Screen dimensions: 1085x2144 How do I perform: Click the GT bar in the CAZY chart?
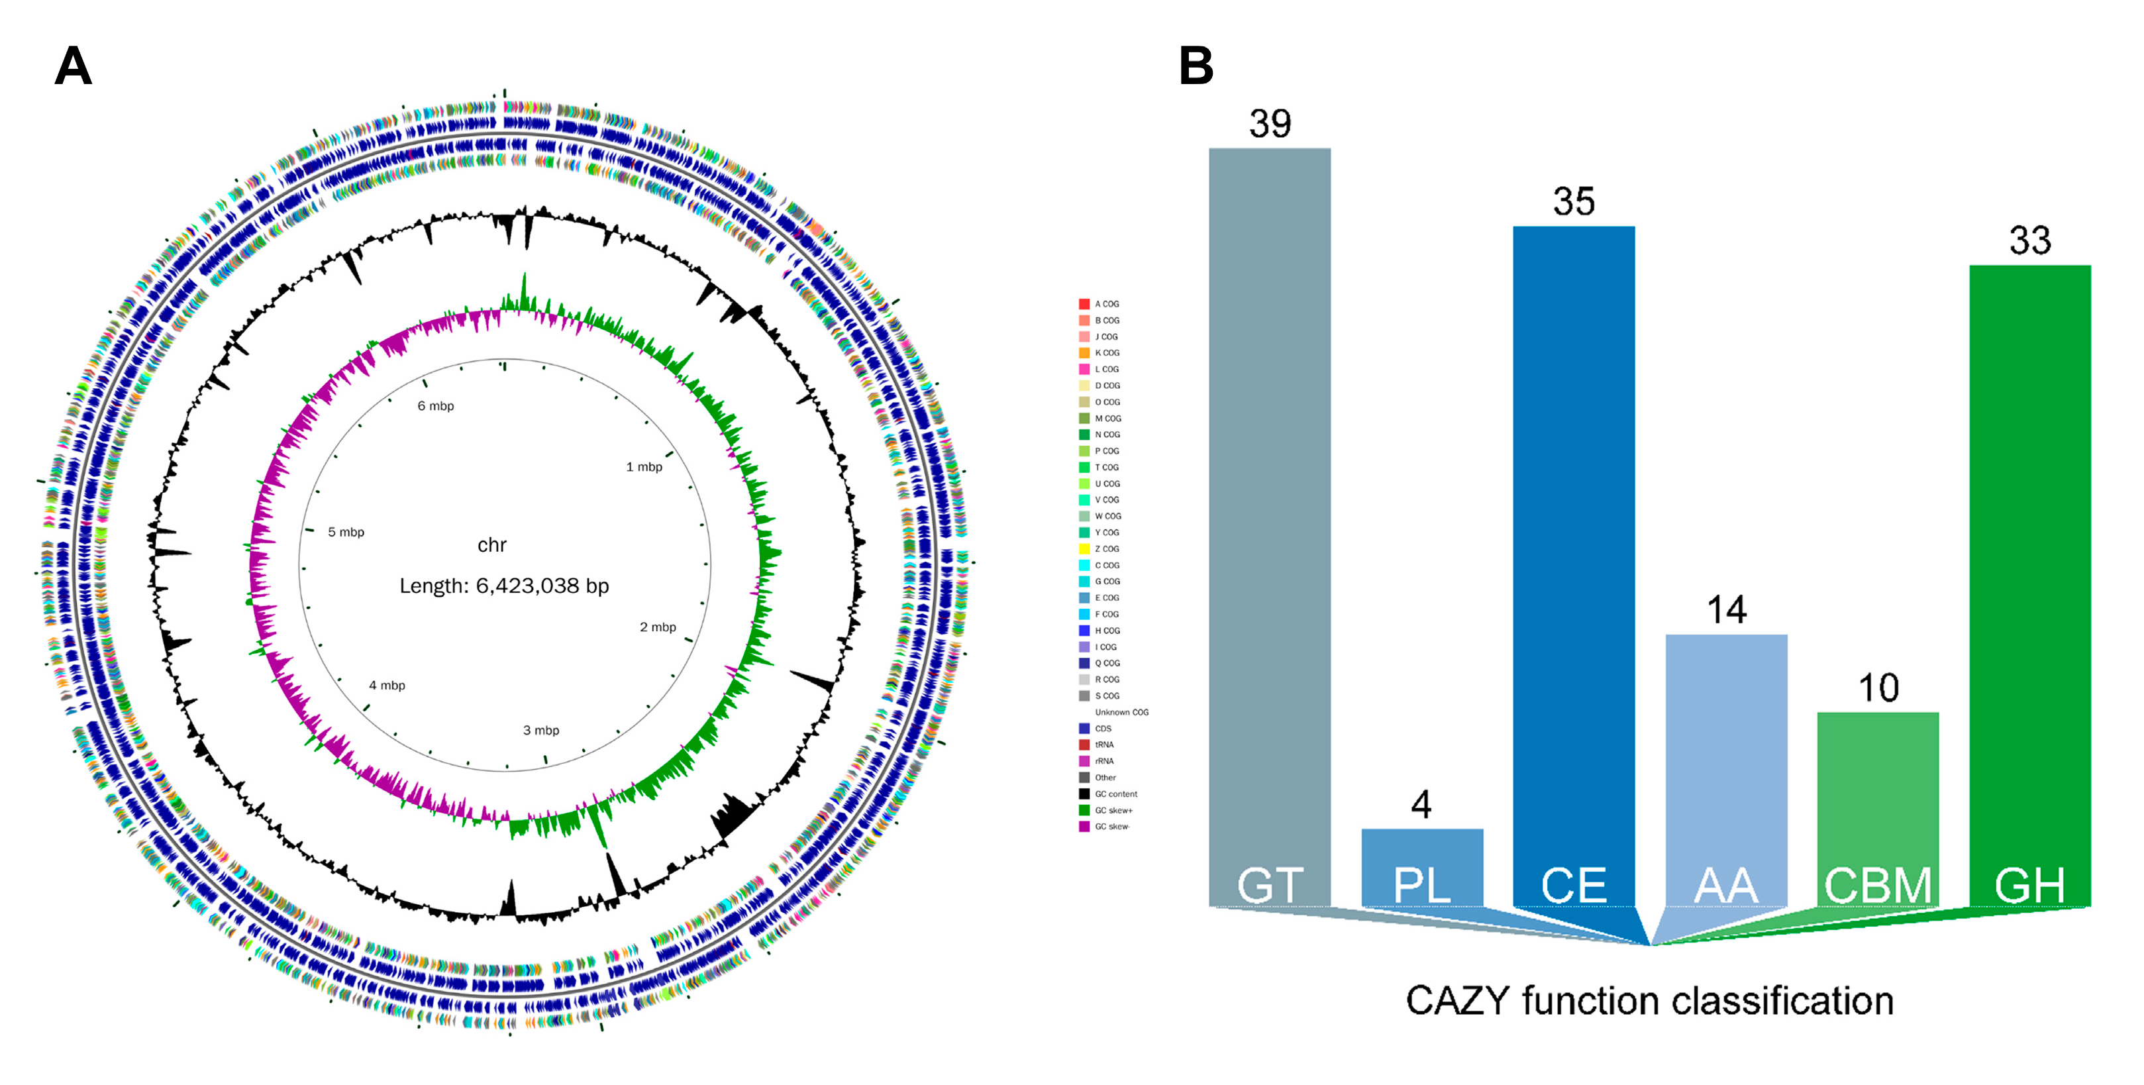click(1269, 524)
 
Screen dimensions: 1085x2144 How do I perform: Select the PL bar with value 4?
click(1421, 865)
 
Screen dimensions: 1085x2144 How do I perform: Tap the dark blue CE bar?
click(1573, 566)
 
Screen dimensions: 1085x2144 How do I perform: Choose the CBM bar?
click(1878, 807)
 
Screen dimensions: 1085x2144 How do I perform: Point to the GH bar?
click(2029, 582)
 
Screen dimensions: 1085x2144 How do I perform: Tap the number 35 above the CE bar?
click(1573, 202)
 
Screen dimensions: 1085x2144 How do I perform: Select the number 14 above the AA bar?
click(1726, 610)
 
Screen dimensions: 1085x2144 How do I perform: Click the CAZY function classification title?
click(1650, 1000)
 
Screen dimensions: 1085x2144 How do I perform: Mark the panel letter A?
click(74, 66)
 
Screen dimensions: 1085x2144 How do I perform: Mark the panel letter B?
click(1196, 66)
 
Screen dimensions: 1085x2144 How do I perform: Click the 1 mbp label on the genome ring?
click(644, 467)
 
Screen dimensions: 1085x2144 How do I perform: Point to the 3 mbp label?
click(541, 730)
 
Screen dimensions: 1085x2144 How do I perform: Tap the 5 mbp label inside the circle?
click(345, 532)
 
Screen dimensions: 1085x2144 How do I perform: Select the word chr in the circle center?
click(492, 545)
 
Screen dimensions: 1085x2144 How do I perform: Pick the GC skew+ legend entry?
click(1113, 810)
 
